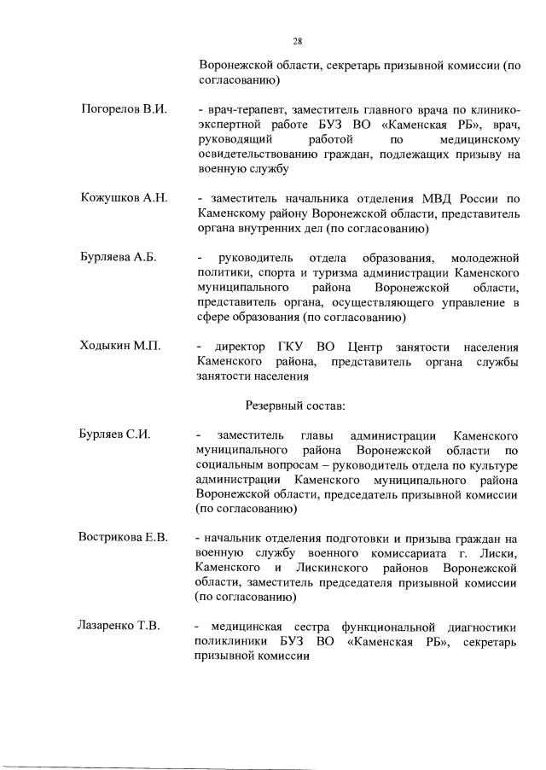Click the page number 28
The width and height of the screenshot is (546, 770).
[297, 41]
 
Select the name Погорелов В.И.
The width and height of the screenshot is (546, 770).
[124, 111]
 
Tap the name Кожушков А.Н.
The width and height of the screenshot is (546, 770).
[124, 198]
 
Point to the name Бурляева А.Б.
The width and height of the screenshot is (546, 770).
[119, 258]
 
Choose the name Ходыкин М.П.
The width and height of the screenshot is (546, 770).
[120, 347]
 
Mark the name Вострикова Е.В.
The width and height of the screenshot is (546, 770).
[124, 538]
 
